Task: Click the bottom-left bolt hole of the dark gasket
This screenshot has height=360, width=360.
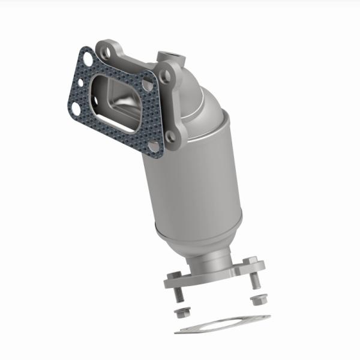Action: [x=76, y=107]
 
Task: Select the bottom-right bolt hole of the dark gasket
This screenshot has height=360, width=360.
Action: [x=154, y=146]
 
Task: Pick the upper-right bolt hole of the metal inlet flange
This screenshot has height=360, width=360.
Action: [x=166, y=75]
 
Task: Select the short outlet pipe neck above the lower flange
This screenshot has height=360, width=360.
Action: [x=210, y=264]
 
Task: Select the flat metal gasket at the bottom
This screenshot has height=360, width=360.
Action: [x=222, y=324]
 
